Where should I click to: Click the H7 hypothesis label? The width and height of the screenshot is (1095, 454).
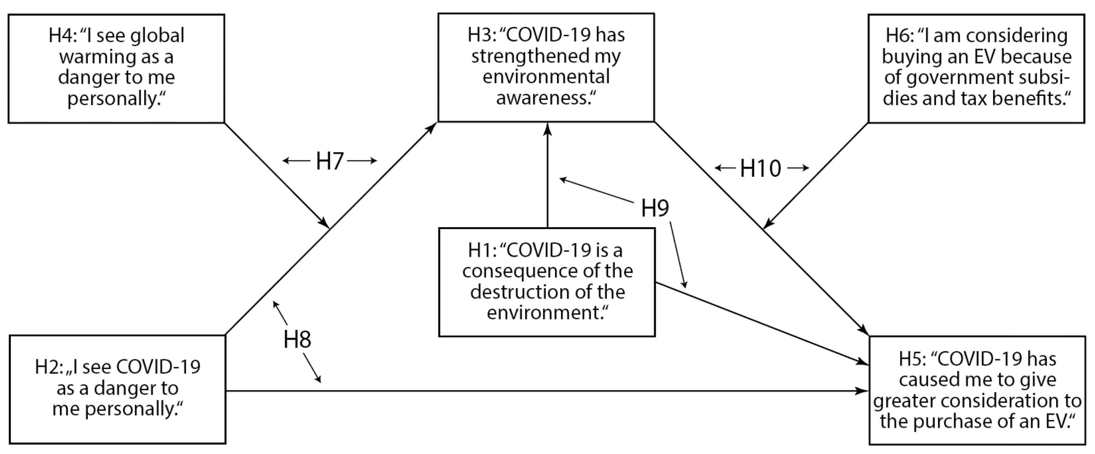coord(329,161)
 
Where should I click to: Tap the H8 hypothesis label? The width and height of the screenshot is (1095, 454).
coord(297,340)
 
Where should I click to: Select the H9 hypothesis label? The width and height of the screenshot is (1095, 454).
coord(655,208)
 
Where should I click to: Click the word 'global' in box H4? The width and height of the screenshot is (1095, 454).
coord(157,36)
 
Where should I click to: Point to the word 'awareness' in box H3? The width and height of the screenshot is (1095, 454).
coord(543,98)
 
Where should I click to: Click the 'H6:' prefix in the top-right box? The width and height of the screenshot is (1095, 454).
coord(900,36)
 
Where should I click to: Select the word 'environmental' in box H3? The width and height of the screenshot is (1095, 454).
coord(546,77)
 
